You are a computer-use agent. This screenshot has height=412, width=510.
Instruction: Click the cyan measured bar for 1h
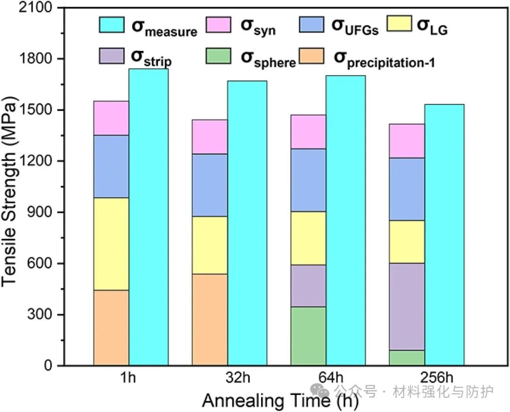click(x=148, y=217)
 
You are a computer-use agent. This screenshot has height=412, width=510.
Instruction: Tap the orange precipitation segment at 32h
click(x=209, y=320)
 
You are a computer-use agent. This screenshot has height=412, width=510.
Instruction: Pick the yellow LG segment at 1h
click(x=111, y=244)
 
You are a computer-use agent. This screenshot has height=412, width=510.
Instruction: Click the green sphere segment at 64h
click(x=308, y=336)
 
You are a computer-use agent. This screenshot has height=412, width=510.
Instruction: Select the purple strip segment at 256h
click(x=407, y=306)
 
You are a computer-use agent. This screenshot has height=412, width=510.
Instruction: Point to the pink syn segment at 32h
click(x=209, y=136)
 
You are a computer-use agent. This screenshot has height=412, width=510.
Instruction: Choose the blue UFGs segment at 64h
click(x=308, y=180)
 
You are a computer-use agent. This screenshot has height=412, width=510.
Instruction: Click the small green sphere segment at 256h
click(x=407, y=358)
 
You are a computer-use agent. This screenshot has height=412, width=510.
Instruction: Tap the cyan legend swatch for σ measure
click(x=111, y=25)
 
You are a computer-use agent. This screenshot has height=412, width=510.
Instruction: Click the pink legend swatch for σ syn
click(x=218, y=25)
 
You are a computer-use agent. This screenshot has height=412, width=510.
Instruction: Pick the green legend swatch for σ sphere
click(x=218, y=56)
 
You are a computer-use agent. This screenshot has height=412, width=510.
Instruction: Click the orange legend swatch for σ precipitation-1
click(x=312, y=56)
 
